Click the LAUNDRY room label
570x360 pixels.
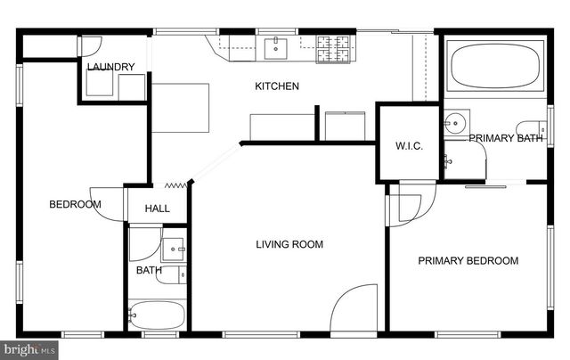pyautogui.click(x=111, y=67)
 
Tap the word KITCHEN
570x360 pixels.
pyautogui.click(x=277, y=86)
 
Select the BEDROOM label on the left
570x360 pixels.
pyautogui.click(x=75, y=205)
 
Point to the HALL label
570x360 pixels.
pyautogui.click(x=157, y=209)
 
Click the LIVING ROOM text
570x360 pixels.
pyautogui.click(x=289, y=244)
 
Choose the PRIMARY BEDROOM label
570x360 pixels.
pyautogui.click(x=468, y=261)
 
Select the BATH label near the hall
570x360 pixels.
pyautogui.click(x=148, y=270)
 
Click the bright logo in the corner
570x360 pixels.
pyautogui.click(x=28, y=349)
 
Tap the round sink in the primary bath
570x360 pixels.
pyautogui.click(x=457, y=120)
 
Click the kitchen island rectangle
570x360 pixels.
pyautogui.click(x=180, y=107)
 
